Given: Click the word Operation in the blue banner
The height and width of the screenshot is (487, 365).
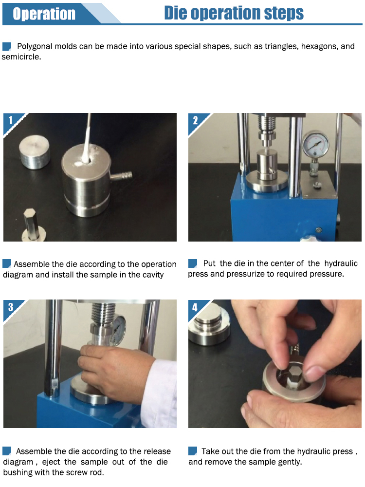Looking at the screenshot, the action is pos(44,14).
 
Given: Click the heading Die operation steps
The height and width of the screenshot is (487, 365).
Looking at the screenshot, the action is pos(234,13).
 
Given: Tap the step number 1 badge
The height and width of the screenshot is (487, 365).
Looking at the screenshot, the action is pos(11,120).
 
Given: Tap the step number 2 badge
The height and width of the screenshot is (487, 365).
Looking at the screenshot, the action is pos(195,120).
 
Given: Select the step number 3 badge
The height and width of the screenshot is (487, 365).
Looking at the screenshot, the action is pos(11,307).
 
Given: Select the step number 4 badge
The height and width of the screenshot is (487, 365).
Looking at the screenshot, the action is pos(195,307).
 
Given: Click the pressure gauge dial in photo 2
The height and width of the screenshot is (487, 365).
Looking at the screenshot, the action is pos(316,145).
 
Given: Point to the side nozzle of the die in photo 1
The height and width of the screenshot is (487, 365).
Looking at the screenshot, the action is pos(121,176).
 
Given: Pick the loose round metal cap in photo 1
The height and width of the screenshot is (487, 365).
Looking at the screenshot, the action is pos(35,151).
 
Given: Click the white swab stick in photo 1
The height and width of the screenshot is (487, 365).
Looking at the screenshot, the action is pos(86,139).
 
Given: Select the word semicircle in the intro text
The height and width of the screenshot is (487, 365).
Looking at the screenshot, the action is pos(21,57).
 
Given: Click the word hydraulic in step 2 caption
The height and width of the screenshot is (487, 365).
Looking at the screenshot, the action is pos(341,263).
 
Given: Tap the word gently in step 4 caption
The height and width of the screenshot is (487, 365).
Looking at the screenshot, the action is pos(290,462).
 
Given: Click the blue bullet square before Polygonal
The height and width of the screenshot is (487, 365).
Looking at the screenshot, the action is pos(7,47).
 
